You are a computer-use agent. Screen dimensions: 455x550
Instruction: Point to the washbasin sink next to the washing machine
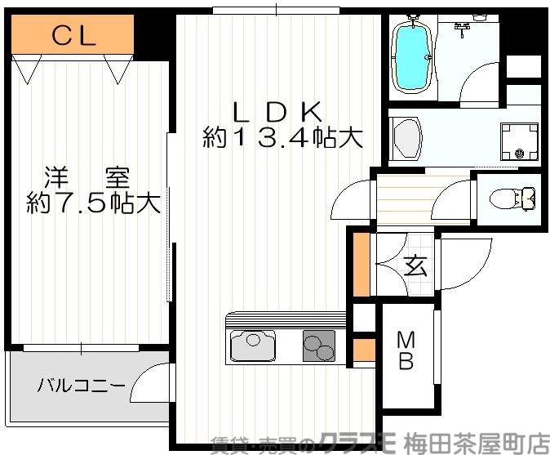pyautogui.click(x=406, y=138)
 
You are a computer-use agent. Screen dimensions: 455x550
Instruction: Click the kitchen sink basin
pyautogui.click(x=254, y=345)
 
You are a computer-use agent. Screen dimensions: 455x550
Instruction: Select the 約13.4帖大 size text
pyautogui.click(x=282, y=138)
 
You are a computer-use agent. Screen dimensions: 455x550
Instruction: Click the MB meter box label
pyautogui.click(x=406, y=350)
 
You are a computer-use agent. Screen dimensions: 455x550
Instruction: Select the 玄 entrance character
pyautogui.click(x=415, y=265)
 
